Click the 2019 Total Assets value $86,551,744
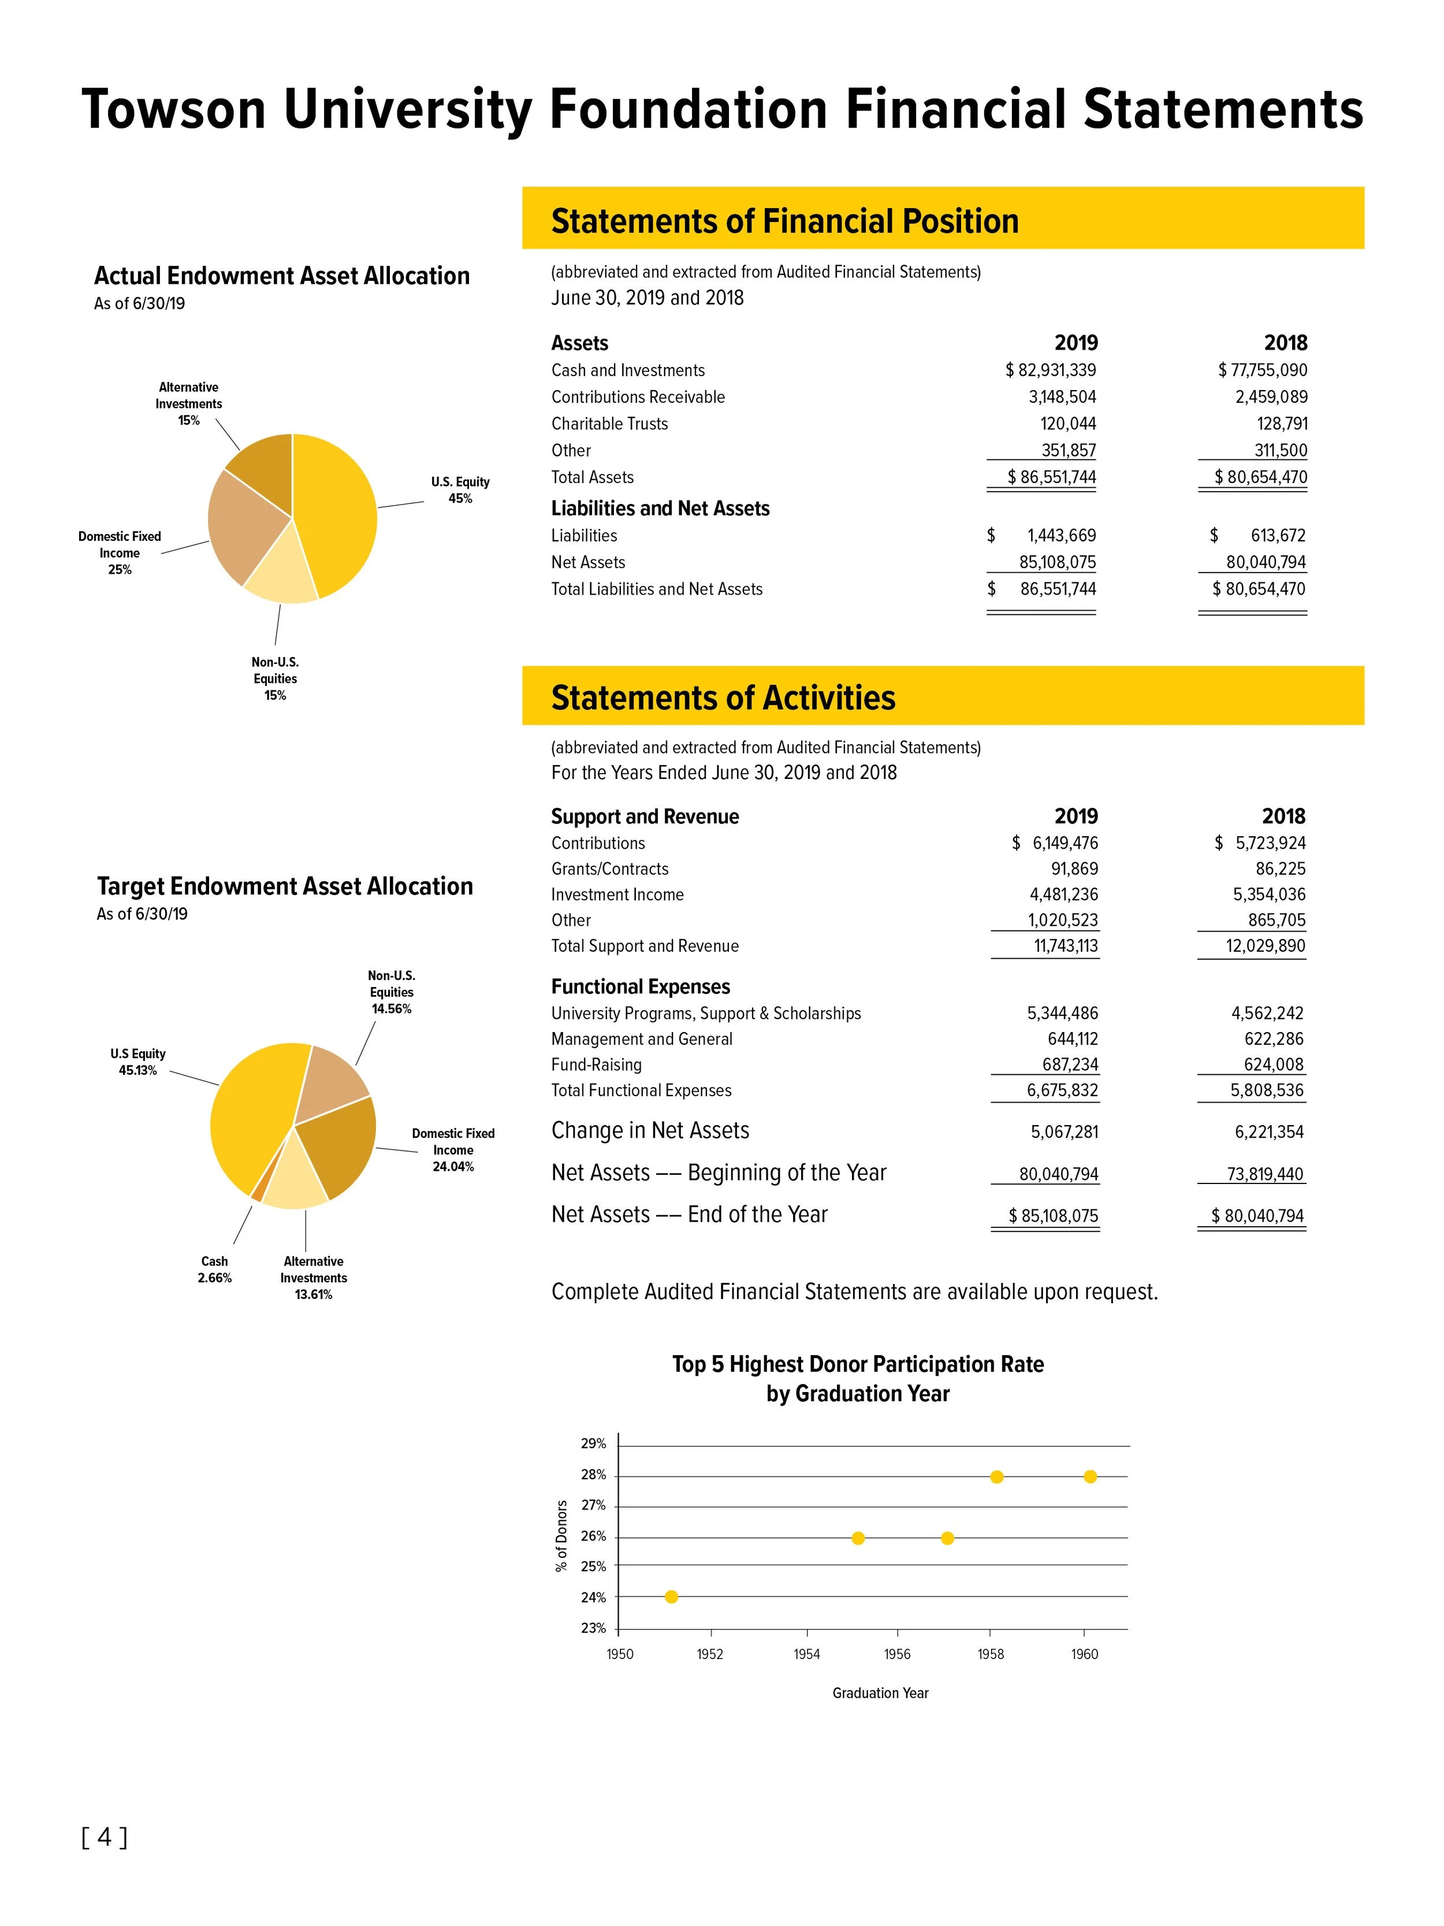1051,477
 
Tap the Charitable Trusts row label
609,424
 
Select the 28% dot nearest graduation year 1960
1090,1476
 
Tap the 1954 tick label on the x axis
807,1654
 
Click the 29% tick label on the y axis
594,1443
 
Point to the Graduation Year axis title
880,1693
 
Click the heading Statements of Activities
723,697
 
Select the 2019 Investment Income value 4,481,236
1063,894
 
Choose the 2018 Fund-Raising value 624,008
1267,1064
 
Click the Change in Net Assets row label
650,1130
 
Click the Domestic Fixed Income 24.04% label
453,1149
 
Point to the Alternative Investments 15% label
189,403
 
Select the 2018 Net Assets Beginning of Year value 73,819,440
1265,1174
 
